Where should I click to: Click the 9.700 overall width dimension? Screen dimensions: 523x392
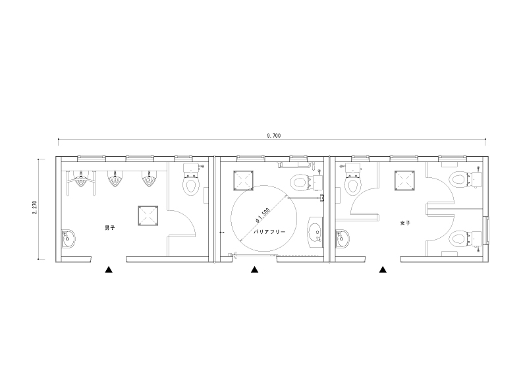click(x=274, y=136)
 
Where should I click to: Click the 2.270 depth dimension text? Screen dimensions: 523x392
click(x=35, y=208)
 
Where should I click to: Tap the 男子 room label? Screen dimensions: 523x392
click(x=110, y=228)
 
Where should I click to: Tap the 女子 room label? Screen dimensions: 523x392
click(x=405, y=223)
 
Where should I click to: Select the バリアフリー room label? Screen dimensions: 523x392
click(x=269, y=231)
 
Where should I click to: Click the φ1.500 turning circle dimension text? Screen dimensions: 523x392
click(x=262, y=215)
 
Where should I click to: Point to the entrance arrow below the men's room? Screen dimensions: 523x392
click(x=109, y=269)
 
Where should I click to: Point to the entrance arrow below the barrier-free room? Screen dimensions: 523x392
click(x=254, y=269)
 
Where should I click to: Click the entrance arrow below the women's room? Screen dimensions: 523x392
click(x=383, y=269)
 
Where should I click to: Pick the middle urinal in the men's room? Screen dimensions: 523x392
click(x=115, y=179)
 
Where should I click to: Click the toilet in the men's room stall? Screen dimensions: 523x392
click(x=190, y=179)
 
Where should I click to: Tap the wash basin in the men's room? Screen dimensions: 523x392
click(x=69, y=239)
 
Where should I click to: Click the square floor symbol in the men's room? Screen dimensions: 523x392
click(x=148, y=216)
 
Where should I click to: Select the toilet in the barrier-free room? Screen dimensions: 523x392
click(x=306, y=182)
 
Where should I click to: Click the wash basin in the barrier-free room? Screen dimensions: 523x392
click(x=316, y=232)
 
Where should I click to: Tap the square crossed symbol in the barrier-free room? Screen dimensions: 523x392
click(x=243, y=181)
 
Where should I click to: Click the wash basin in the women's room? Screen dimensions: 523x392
click(x=343, y=238)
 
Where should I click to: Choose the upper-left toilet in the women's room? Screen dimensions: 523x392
click(x=352, y=179)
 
